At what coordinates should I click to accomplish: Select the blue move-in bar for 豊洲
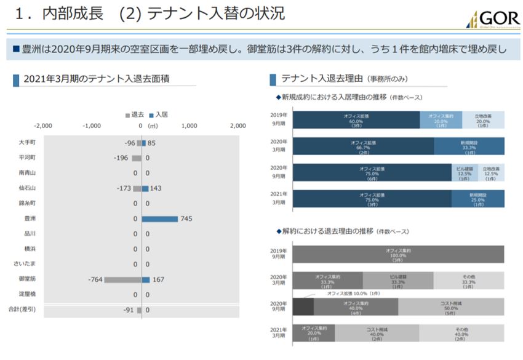click(x=160, y=218)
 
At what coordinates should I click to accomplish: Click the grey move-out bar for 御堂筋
click(x=122, y=279)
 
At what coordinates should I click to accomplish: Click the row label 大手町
click(x=26, y=143)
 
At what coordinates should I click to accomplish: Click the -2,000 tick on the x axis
click(x=43, y=126)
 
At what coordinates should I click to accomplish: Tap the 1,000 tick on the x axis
click(x=190, y=126)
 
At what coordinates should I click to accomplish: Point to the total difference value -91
click(x=129, y=310)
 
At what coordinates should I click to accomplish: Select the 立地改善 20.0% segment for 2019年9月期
click(x=483, y=119)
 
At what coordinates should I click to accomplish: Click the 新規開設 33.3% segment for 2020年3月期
click(x=469, y=145)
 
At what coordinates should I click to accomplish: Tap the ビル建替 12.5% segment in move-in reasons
click(x=464, y=173)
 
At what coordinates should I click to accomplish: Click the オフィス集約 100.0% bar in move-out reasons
click(x=398, y=254)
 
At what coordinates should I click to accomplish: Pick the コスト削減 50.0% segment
click(x=451, y=306)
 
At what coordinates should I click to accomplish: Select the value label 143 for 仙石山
click(x=156, y=188)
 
